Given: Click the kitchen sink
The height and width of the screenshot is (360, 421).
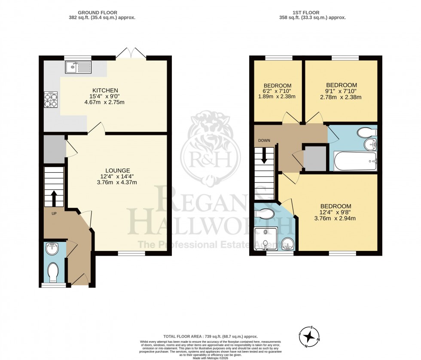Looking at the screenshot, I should (78, 67).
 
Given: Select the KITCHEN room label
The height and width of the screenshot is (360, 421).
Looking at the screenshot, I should (106, 90).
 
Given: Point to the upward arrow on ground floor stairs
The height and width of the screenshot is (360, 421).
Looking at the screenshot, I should (54, 198).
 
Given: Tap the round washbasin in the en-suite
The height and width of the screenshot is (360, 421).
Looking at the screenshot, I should (287, 244).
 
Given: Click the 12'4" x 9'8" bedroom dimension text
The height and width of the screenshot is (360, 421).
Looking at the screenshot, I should (338, 212).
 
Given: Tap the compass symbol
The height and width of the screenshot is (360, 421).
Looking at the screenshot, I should (309, 336).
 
